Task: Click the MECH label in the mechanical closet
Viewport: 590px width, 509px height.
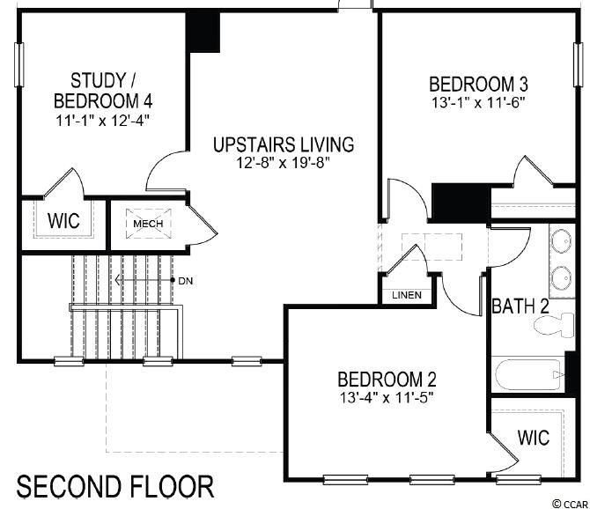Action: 148,224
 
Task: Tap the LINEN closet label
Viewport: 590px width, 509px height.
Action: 407,295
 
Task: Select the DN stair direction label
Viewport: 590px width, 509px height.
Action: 186,281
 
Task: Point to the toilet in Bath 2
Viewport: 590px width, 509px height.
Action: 554,325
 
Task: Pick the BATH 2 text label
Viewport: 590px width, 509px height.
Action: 520,306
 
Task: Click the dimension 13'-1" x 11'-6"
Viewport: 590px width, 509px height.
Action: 478,102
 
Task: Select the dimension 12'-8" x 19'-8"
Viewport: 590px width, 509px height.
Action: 283,163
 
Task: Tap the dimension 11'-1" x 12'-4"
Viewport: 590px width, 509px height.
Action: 103,121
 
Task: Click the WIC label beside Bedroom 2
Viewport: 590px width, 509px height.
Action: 534,438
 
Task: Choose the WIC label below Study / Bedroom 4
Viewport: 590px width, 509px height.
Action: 63,220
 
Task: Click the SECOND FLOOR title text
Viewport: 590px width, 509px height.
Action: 115,487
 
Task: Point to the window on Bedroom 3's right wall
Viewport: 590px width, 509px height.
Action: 578,64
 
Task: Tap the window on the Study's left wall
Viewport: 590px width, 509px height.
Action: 18,64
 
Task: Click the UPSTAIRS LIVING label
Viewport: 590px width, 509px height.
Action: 284,144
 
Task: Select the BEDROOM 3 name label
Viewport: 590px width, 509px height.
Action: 478,84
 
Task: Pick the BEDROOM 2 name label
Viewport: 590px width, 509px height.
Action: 387,380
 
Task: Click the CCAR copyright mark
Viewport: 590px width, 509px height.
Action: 571,504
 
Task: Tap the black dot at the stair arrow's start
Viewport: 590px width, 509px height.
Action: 173,280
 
